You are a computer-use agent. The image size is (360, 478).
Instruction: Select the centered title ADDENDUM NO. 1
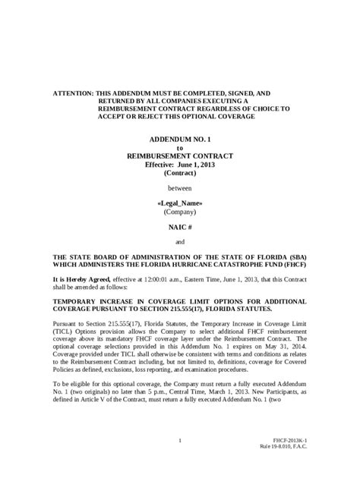(x=180, y=142)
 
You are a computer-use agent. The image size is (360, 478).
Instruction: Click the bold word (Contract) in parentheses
(x=180, y=173)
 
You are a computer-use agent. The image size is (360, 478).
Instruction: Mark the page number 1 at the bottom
(x=180, y=440)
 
